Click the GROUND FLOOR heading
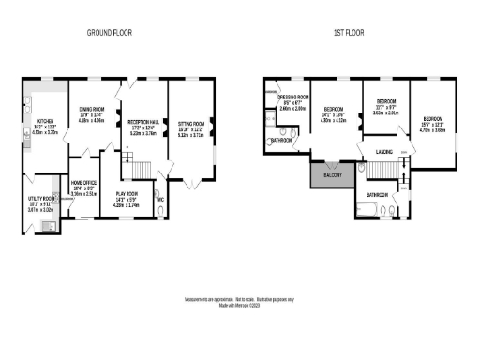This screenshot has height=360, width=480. (x=110, y=32)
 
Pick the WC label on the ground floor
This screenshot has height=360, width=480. (x=161, y=199)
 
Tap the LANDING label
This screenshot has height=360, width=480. (x=382, y=151)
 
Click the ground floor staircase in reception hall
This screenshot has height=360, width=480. (x=140, y=169)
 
